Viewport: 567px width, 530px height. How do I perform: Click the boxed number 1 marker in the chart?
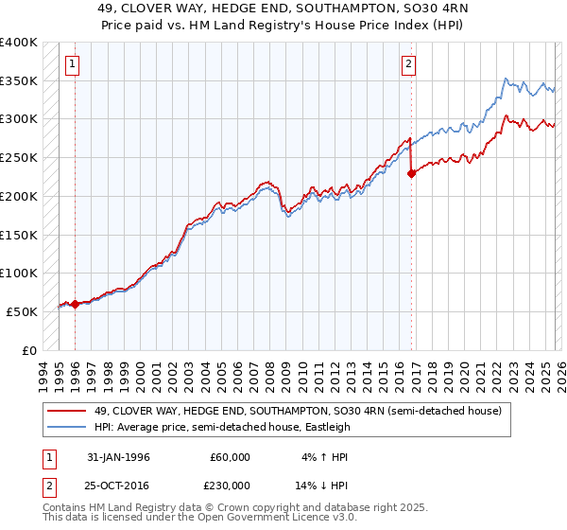tap(73, 64)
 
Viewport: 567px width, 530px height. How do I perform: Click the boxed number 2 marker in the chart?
tap(408, 64)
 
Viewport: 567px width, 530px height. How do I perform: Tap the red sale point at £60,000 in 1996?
tap(75, 304)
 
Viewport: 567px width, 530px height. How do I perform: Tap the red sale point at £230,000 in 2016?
tap(411, 173)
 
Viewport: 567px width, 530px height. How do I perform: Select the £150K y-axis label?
tap(19, 235)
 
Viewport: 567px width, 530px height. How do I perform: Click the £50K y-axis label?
tap(23, 311)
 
